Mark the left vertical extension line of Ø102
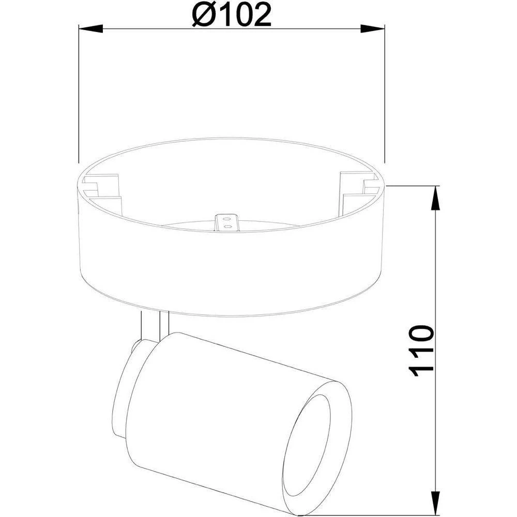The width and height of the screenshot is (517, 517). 78,93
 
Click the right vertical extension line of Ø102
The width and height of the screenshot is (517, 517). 386,93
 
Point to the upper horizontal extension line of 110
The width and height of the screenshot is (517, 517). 414,186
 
